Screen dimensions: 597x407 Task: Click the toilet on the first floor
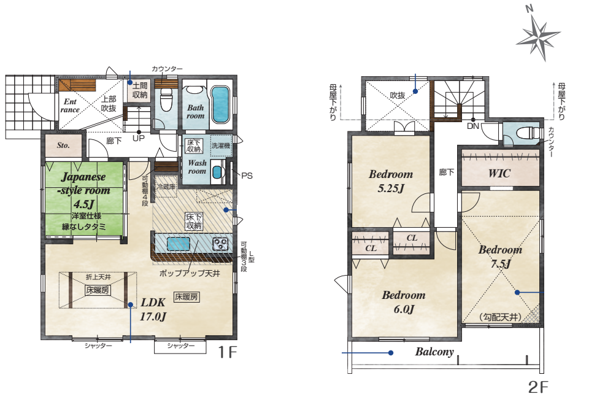(166, 98)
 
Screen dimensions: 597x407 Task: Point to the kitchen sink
(178, 244)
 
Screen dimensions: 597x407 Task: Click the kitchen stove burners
(220, 244)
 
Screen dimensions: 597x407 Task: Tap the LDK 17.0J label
(153, 309)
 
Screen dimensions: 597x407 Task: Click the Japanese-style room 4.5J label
(85, 190)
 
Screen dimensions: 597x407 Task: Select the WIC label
(499, 174)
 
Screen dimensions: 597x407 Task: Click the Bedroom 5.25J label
(391, 180)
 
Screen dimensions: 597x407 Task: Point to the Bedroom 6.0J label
(404, 302)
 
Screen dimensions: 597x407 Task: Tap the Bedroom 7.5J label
(500, 257)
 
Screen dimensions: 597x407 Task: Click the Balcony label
(434, 352)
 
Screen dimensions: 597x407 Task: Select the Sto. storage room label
(63, 145)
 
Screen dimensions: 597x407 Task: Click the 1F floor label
(227, 352)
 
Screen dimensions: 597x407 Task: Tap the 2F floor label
(538, 387)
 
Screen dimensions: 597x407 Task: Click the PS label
(247, 176)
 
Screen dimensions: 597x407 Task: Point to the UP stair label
(139, 138)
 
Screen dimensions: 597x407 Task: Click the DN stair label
(473, 126)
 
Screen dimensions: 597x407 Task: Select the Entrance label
(70, 106)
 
